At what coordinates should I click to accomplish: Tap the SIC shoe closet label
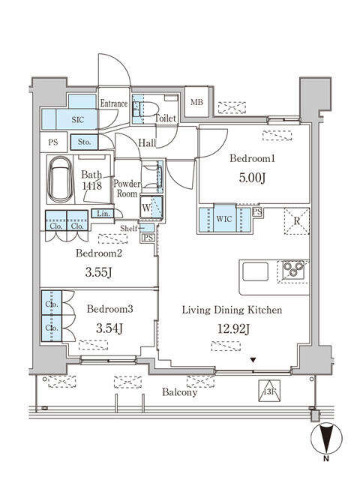[79, 118]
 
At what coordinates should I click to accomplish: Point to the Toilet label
[166, 118]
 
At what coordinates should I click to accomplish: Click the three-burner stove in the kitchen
[291, 270]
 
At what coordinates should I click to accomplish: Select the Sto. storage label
[82, 141]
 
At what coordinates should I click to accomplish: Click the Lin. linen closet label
[103, 214]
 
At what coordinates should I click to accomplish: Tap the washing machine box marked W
[146, 205]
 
